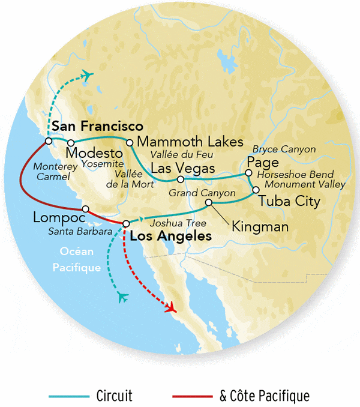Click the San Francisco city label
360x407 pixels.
pos(97,127)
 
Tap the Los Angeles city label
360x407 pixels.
pos(170,237)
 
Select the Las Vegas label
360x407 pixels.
pos(182,168)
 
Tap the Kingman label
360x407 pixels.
pos(259,227)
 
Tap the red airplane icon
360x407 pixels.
pos(171,308)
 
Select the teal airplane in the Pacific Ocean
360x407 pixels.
pos(124,297)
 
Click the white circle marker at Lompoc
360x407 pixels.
pos(86,209)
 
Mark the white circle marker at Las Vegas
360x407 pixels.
pos(181,179)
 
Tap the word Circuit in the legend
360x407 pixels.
pos(114,396)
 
